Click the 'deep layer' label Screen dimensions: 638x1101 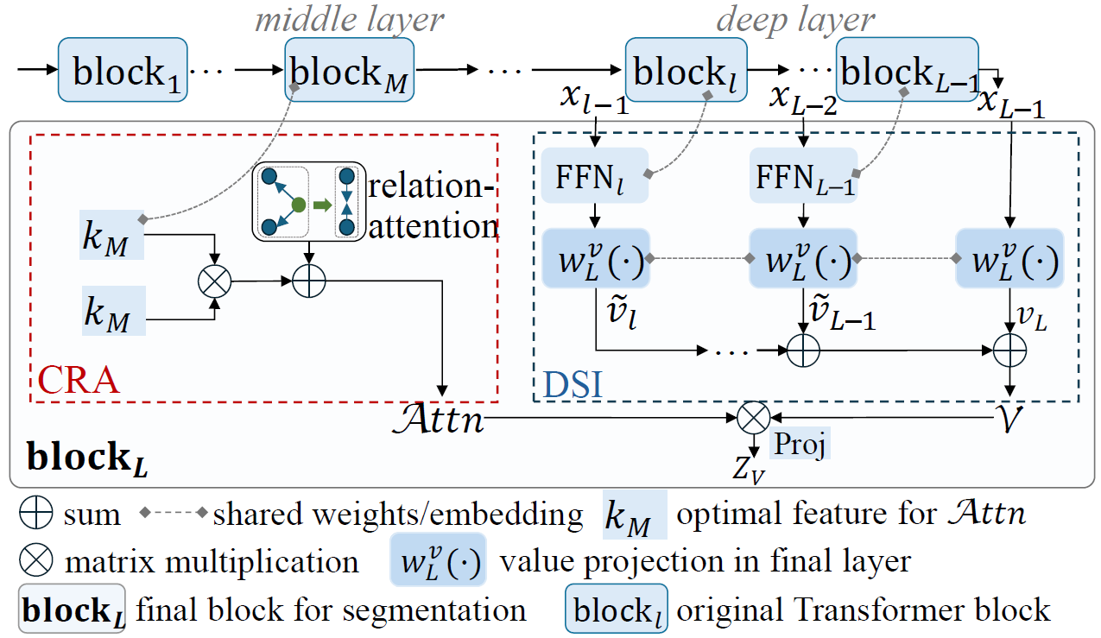pos(795,20)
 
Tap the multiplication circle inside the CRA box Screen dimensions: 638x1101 pos(210,281)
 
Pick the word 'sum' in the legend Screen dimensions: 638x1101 pos(92,515)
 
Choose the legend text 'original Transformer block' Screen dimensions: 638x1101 pos(863,610)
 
